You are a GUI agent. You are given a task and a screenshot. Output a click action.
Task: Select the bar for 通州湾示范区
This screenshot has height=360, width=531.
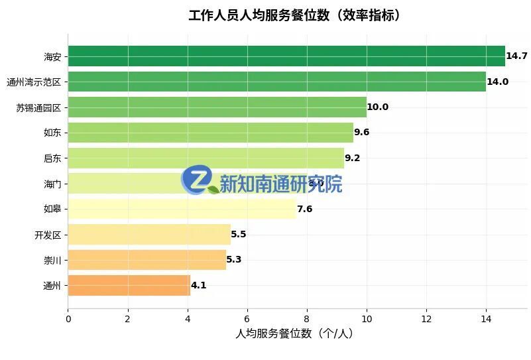tap(276, 82)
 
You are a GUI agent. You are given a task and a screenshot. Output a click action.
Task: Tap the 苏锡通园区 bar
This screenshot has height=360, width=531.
tap(217, 107)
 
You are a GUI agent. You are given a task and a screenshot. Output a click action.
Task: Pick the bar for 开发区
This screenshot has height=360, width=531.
tap(149, 234)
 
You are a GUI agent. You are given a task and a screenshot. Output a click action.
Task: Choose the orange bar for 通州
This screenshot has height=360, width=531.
tap(129, 285)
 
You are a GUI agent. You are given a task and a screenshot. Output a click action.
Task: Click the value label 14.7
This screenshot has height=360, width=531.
tap(516, 56)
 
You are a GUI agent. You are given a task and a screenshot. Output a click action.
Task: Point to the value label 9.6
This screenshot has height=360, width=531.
tap(362, 132)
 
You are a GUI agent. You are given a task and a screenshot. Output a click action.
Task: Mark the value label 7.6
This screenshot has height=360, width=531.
tap(304, 209)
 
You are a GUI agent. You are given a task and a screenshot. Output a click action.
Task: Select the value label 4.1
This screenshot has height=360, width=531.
tap(199, 285)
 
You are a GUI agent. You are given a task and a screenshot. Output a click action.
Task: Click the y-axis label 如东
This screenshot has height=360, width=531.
tap(52, 132)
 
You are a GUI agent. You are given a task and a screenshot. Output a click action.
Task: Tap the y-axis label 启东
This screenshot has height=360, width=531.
tap(52, 158)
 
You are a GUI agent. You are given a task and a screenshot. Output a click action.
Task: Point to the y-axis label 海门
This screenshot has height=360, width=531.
tap(52, 184)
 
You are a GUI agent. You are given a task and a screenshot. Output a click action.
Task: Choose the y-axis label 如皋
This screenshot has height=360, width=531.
tap(52, 209)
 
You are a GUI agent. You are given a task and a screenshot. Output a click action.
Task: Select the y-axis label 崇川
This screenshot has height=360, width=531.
tap(52, 260)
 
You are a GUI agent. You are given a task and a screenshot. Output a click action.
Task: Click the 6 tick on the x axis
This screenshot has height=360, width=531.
tap(247, 319)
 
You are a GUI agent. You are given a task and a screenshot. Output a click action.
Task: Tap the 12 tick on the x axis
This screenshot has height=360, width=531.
tap(426, 319)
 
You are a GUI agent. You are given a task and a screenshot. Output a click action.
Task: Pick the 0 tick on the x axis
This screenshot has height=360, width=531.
tap(68, 319)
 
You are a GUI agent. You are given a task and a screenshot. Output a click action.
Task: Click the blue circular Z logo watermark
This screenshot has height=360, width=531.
tap(197, 180)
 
